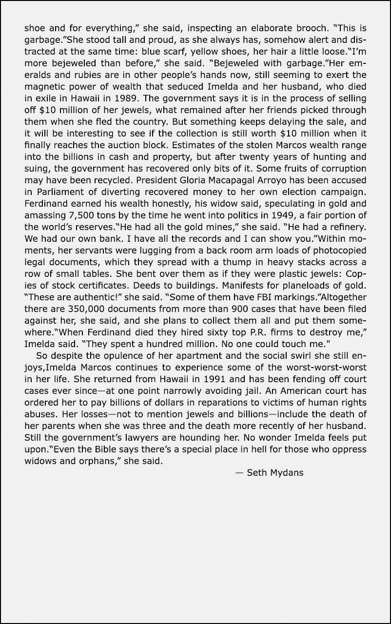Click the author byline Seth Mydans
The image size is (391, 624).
click(x=275, y=472)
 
